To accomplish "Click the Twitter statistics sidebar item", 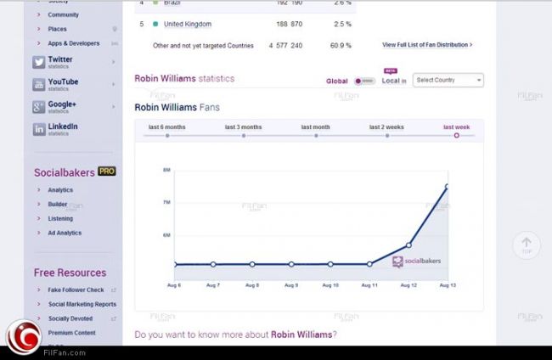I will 60,61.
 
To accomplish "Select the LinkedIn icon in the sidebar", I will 39,129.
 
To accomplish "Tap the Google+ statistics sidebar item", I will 62,106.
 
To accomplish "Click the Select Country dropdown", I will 448,81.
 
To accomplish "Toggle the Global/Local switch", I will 364,82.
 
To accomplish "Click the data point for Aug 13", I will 447,187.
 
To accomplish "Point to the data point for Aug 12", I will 408,245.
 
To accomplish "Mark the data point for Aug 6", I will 175,264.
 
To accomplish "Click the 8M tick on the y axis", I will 166,171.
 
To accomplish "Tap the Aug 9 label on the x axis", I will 291,286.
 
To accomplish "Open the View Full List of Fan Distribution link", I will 427,44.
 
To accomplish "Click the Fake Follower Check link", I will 76,290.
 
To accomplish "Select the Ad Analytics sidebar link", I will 65,232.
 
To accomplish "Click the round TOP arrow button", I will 527,245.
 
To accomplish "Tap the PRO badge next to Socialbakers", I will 107,172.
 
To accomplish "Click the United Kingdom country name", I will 187,24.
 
